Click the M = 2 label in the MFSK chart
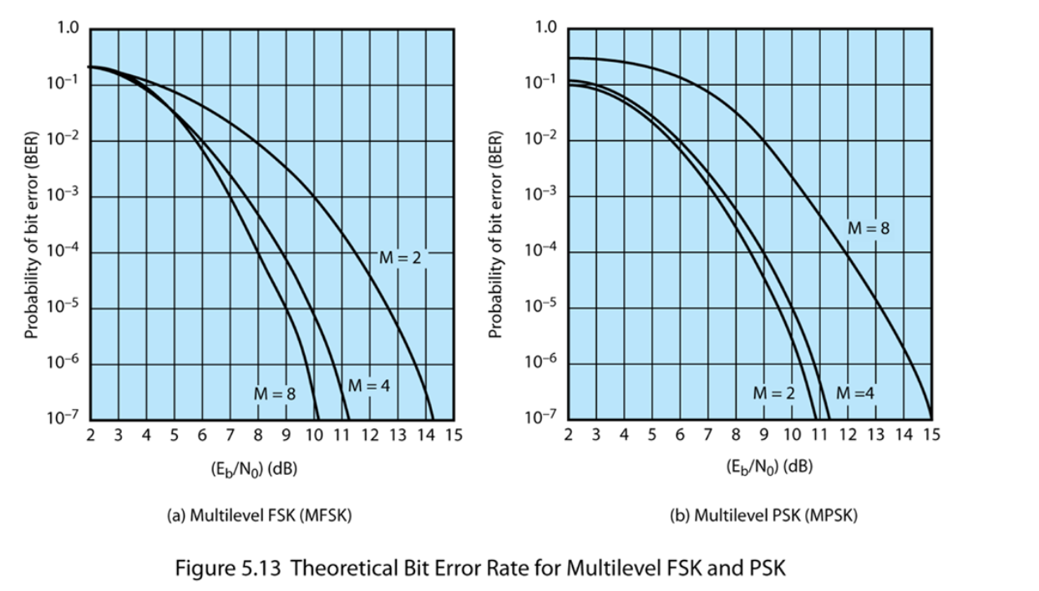[401, 258]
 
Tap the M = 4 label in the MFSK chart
[368, 386]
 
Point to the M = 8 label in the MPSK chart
[869, 227]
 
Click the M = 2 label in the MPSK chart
[773, 392]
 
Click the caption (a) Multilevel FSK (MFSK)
[260, 515]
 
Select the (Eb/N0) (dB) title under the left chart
[254, 467]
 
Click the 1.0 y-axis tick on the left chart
[67, 29]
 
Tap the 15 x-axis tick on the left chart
[454, 434]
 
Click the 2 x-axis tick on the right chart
[568, 434]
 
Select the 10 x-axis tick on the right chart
[792, 434]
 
